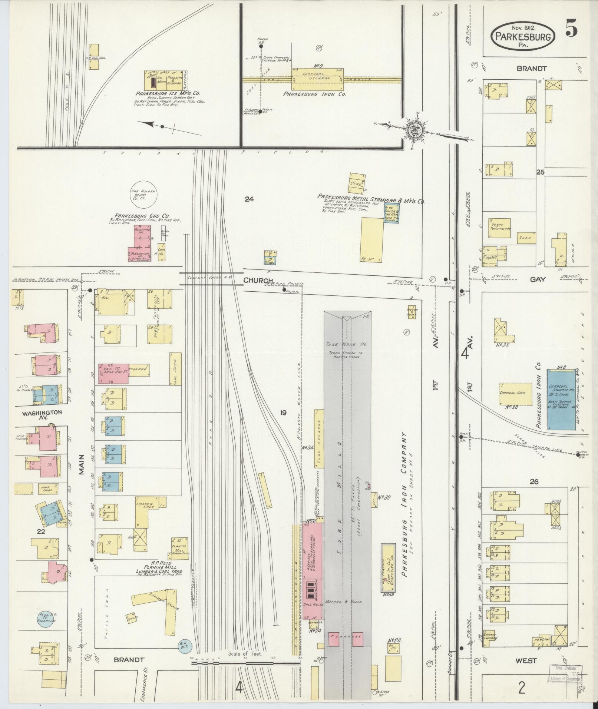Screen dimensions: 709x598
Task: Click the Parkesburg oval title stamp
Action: coord(523,36)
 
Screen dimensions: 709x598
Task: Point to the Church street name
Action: coord(256,281)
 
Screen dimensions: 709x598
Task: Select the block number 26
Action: coord(534,481)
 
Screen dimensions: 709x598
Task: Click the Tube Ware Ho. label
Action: coord(341,344)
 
